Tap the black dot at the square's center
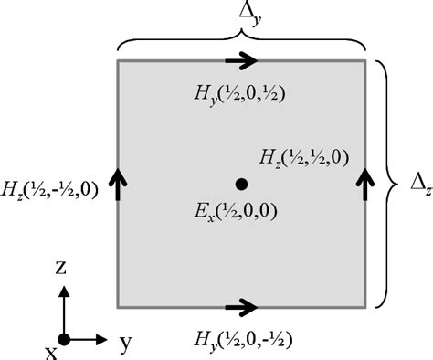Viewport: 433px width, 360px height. point(241,184)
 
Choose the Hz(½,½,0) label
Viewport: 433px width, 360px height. point(302,155)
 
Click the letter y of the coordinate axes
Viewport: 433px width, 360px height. point(123,344)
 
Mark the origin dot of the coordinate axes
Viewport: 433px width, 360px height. point(62,340)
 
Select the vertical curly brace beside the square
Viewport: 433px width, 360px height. point(388,183)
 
